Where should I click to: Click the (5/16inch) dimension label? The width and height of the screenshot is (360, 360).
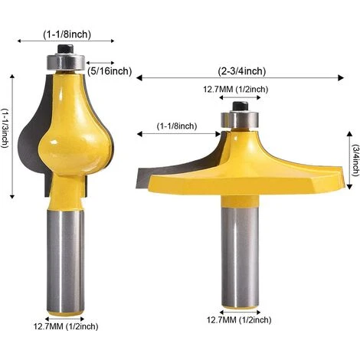(110, 71)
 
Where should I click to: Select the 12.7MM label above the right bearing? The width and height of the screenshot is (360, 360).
(235, 90)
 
